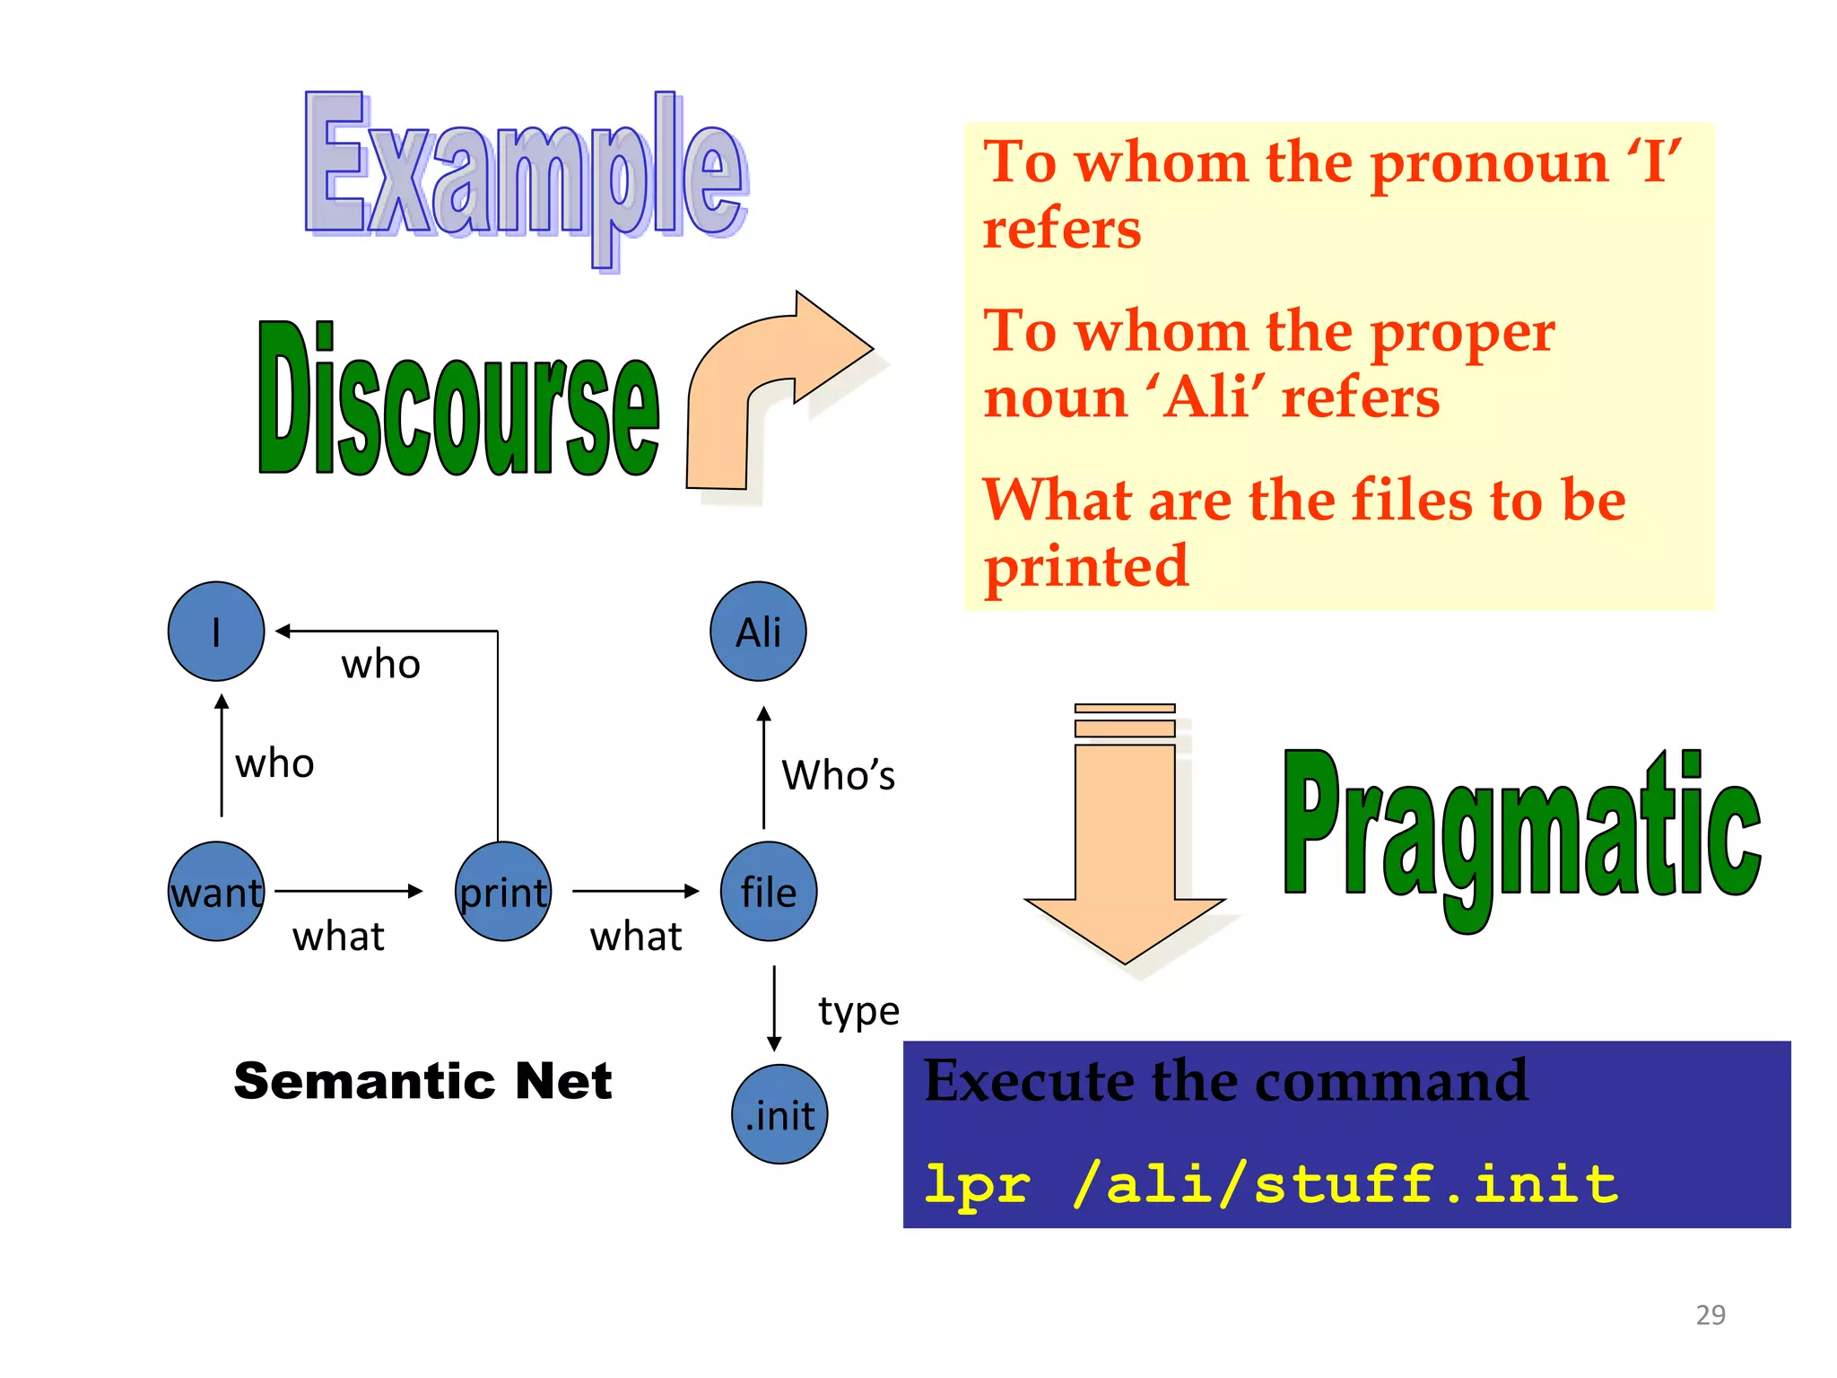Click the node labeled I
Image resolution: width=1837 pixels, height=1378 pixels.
pyautogui.click(x=216, y=631)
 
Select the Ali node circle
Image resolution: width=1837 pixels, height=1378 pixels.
pyautogui.click(x=758, y=631)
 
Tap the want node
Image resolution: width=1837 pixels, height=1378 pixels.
pyautogui.click(x=216, y=891)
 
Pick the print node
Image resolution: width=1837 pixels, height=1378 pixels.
pyautogui.click(x=503, y=891)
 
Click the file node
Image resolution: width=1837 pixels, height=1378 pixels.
pyautogui.click(x=769, y=891)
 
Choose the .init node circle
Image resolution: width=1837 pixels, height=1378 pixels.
pyautogui.click(x=779, y=1114)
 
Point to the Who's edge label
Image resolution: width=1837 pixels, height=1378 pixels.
pyautogui.click(x=838, y=775)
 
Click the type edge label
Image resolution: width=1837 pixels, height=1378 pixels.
pyautogui.click(x=858, y=1011)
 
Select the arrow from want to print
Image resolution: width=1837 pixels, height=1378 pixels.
pyautogui.click(x=348, y=891)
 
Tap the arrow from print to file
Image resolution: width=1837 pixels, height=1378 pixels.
pyautogui.click(x=635, y=891)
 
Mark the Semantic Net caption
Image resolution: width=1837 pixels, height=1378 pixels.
pyautogui.click(x=422, y=1080)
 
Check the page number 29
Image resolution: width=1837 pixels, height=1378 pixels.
pyautogui.click(x=1710, y=1314)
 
